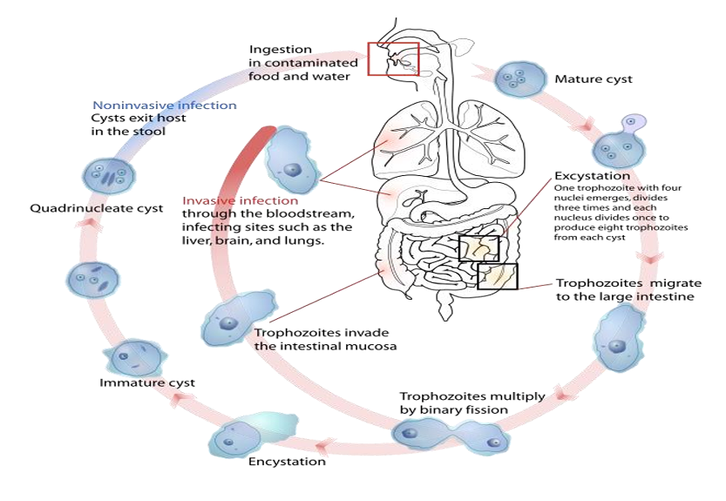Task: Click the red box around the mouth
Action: (393, 58)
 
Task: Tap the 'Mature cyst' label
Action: (594, 79)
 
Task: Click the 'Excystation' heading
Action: (592, 176)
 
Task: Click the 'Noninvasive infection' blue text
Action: (165, 105)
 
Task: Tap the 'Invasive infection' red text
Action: (240, 200)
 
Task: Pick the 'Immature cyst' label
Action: (146, 383)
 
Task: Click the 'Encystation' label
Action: (287, 461)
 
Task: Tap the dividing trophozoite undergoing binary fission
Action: (450, 435)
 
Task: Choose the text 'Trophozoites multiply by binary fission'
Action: (472, 403)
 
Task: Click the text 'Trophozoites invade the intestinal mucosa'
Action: (321, 339)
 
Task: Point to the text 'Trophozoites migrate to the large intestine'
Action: (625, 289)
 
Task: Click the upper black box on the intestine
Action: (478, 248)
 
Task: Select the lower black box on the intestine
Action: (497, 276)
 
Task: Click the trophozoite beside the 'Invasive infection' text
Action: (291, 159)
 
